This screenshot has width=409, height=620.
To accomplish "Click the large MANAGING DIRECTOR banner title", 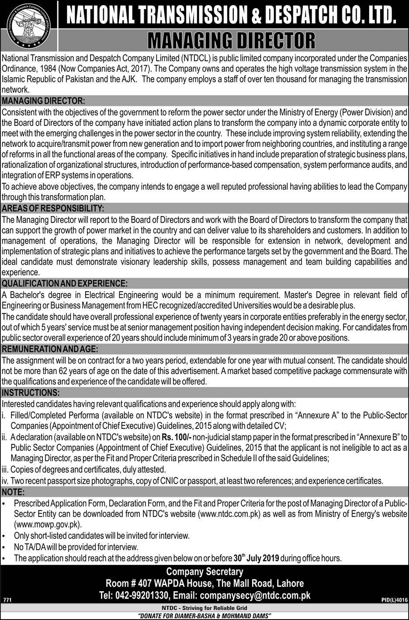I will pos(232,41).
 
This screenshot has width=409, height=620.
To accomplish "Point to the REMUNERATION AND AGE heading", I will pos(50,349).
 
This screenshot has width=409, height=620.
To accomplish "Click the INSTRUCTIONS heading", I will pos(31,392).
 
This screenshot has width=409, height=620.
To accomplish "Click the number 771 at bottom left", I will pos(7,600).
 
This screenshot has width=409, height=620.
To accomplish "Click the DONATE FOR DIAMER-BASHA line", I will pos(204,616).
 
